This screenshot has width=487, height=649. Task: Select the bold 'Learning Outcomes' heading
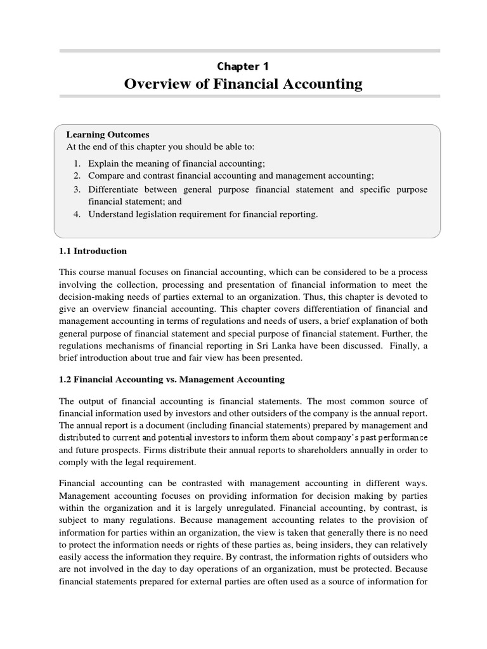[x=108, y=134]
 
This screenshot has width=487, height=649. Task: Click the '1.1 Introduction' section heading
[x=93, y=251]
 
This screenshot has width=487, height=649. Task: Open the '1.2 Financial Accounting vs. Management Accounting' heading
[x=172, y=379]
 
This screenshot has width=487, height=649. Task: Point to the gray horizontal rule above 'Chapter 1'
[x=249, y=50]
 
